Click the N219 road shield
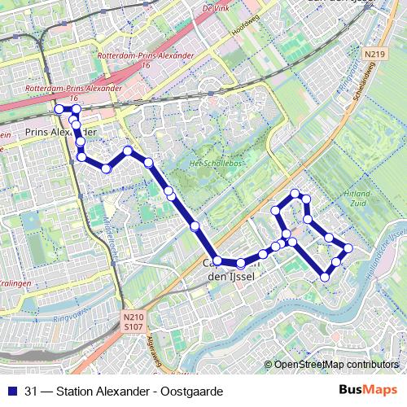[374, 55]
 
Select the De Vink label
[214, 7]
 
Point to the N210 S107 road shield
[133, 322]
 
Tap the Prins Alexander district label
[61, 131]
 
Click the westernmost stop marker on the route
[59, 109]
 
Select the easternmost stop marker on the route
[348, 247]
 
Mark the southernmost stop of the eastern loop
[325, 277]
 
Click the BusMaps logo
[369, 392]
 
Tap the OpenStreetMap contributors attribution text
[335, 365]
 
